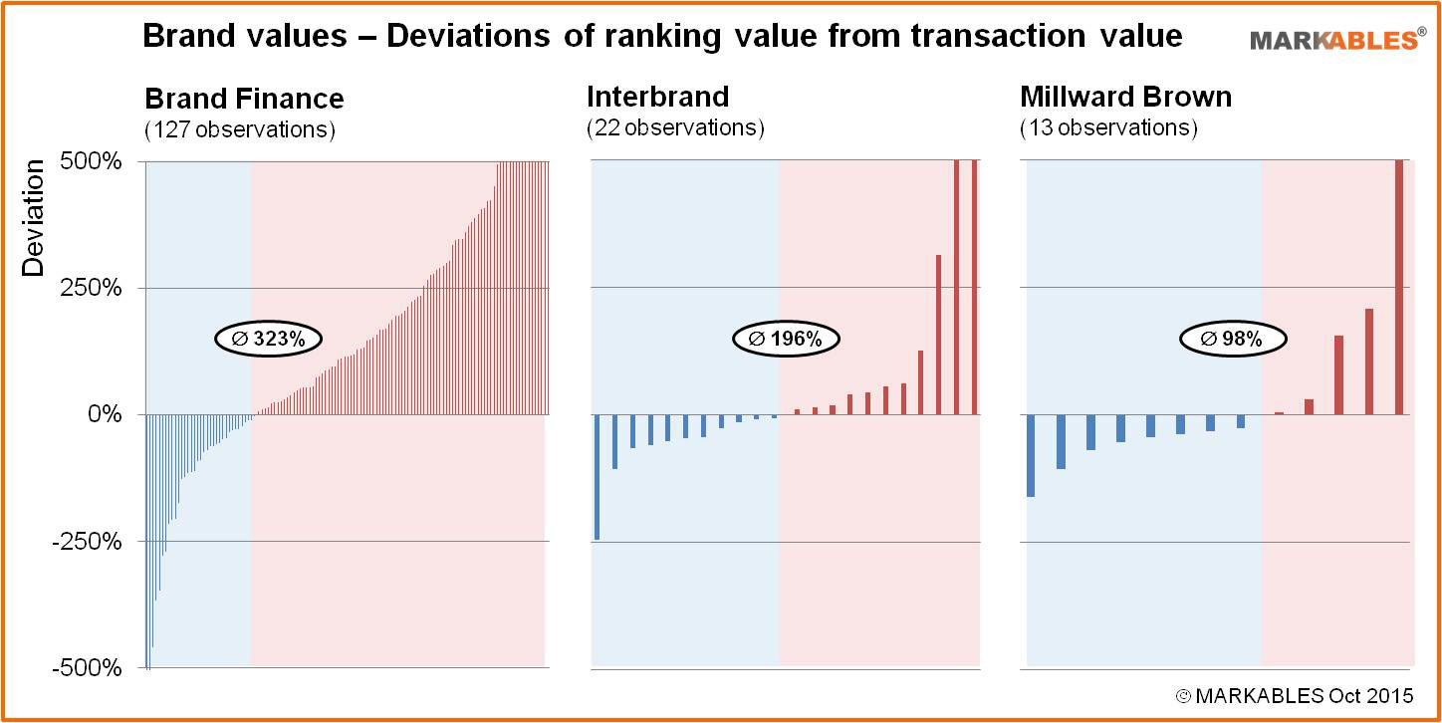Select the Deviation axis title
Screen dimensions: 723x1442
coord(34,217)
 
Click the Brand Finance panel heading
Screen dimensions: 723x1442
coord(244,99)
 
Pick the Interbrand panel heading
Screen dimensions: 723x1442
coord(657,97)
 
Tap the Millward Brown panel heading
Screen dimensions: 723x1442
coord(1125,97)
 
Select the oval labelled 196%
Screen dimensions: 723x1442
coord(786,339)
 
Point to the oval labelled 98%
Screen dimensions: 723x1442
coord(1233,339)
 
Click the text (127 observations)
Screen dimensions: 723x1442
coord(240,129)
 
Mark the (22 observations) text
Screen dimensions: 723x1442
coord(675,128)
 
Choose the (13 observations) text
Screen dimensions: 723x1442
coord(1108,128)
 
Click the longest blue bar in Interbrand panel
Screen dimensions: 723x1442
coord(597,476)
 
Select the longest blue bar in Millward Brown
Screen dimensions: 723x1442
coord(1031,455)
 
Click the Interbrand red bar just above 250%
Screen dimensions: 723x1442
coord(938,335)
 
